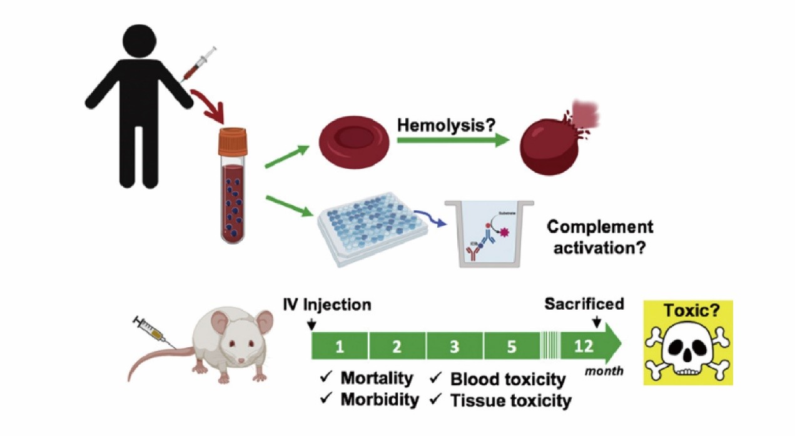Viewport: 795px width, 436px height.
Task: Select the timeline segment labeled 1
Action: pos(340,346)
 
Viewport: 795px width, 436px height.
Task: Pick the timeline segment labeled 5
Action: pos(512,346)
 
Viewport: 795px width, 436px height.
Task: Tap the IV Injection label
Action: pos(327,305)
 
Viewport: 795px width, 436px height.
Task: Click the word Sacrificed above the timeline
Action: pos(584,304)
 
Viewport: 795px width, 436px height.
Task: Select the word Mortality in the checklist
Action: pos(377,378)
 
